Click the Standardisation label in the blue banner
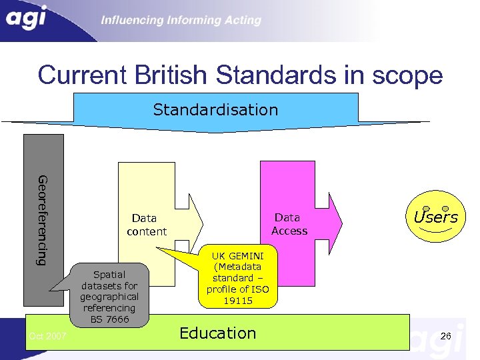coord(215,109)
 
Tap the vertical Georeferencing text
coord(43,220)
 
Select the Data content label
coord(146,225)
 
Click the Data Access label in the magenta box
coord(289,224)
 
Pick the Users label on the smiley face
coord(435,217)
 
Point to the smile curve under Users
coord(436,230)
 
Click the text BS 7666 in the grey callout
coord(110,319)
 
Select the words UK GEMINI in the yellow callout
coord(237,255)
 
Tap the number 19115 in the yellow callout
coord(237,301)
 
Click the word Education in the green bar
coord(218,333)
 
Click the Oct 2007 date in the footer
coord(47,336)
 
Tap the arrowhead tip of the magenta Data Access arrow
coord(341,219)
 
